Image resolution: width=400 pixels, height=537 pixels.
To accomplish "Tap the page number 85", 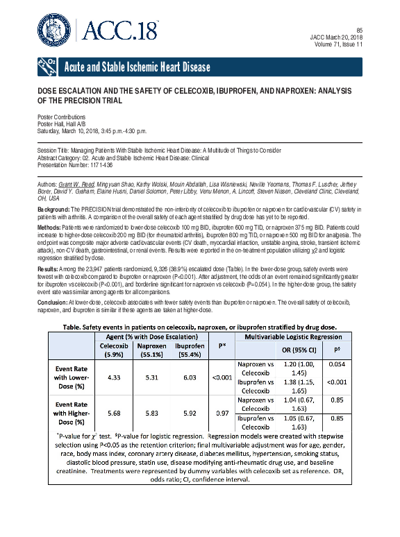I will pyautogui.click(x=359, y=30).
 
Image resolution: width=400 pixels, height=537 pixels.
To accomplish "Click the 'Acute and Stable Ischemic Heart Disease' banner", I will pyautogui.click(x=136, y=67).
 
